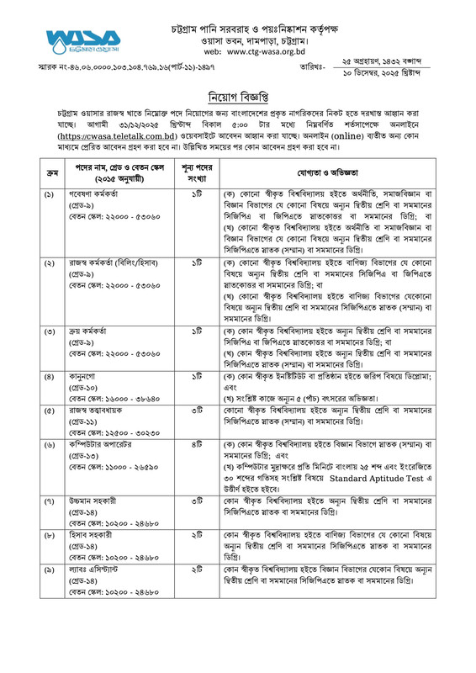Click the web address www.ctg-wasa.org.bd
click(261, 51)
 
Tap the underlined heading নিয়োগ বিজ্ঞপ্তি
click(238, 94)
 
